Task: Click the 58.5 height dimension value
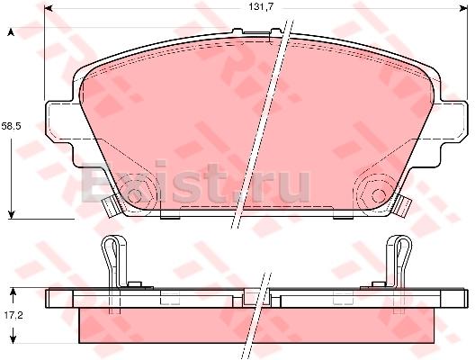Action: click(11, 126)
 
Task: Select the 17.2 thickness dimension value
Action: click(13, 316)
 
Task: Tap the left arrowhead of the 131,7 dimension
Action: click(48, 8)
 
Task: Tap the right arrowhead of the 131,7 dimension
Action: click(464, 8)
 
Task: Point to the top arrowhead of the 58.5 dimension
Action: click(11, 32)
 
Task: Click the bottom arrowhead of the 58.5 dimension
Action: click(11, 214)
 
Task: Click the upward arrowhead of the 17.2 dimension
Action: click(13, 292)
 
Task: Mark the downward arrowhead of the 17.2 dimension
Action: click(13, 339)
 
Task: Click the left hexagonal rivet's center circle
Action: click(135, 196)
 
